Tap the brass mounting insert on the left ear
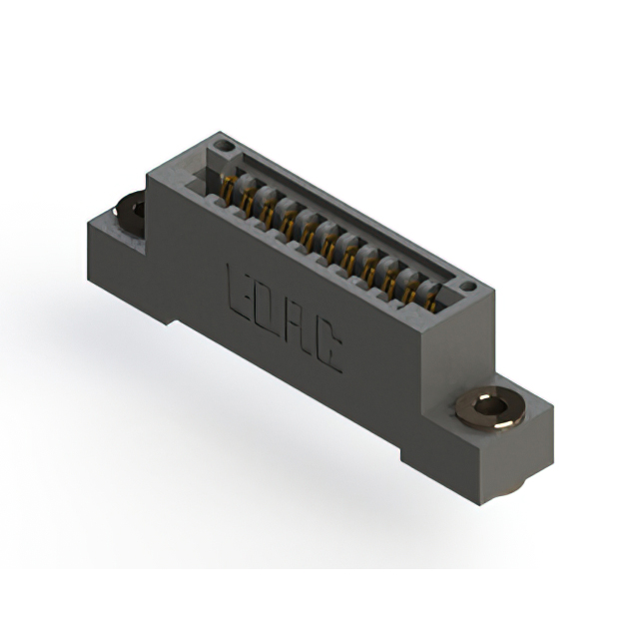tap(131, 209)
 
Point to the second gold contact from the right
tap(410, 284)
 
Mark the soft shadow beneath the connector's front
tap(250, 419)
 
